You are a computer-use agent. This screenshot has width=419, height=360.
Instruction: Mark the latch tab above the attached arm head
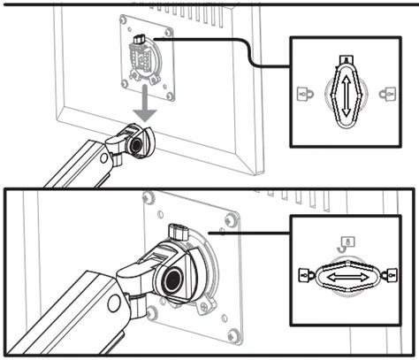point(177,233)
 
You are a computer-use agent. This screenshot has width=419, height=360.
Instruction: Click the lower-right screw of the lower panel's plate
point(232,333)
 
